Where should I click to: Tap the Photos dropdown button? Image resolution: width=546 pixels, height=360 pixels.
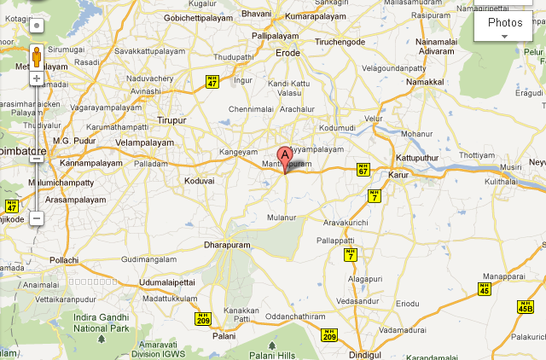pos(504,27)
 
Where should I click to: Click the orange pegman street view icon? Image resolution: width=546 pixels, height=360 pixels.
pos(37,57)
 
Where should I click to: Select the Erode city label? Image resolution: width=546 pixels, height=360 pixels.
pos(288,53)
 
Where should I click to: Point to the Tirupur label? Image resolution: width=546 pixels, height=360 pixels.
pos(171,120)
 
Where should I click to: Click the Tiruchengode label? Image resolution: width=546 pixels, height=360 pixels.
pos(339,42)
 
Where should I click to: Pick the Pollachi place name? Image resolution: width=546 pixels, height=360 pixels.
pos(64,258)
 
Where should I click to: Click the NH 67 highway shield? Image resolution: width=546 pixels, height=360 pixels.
pos(363,171)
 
